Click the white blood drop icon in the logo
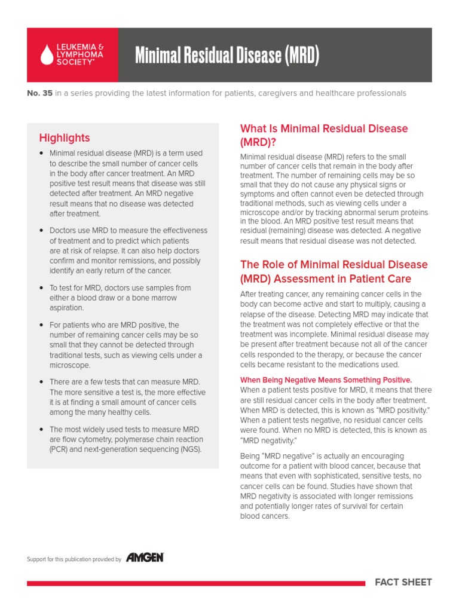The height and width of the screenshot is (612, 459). click(47, 55)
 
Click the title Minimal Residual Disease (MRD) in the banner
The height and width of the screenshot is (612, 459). click(227, 56)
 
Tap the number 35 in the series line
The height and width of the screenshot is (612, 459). click(47, 93)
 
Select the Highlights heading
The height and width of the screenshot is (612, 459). click(64, 138)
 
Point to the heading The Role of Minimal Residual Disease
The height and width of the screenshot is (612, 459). click(333, 265)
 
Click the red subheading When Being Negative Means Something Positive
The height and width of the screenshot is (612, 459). click(326, 380)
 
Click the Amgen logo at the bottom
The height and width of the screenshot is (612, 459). click(145, 558)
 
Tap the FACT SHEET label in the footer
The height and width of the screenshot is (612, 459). click(403, 582)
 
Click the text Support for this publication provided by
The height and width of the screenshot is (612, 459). click(74, 559)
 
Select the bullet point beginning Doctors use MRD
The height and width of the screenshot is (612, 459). click(128, 231)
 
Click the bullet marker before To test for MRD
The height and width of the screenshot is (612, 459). click(41, 288)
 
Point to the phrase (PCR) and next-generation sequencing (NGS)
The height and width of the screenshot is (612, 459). click(126, 449)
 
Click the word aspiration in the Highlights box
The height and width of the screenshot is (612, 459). click(66, 308)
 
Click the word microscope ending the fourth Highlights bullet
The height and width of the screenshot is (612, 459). click(70, 365)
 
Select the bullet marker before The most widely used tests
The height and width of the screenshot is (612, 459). click(41, 430)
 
